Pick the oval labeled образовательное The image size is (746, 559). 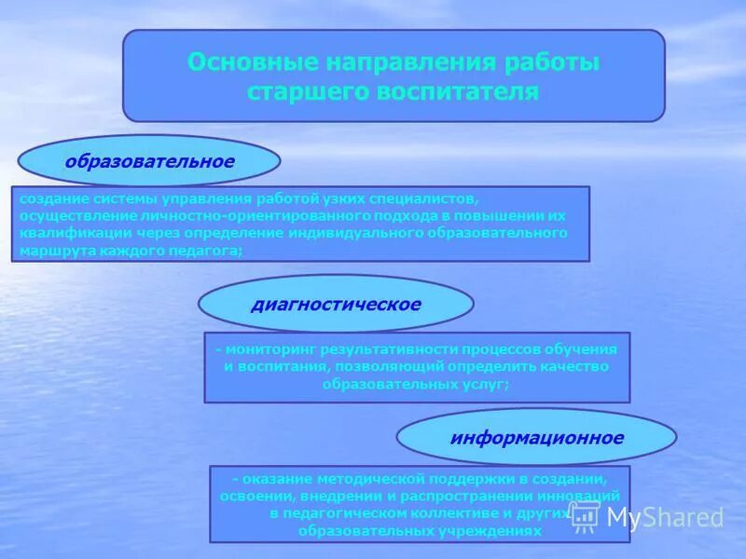click(149, 161)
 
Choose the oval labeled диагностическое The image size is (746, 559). click(336, 304)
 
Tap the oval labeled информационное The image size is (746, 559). click(536, 436)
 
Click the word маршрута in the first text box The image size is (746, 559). click(52, 251)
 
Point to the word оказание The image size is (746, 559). click(274, 479)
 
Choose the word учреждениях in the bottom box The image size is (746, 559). click(489, 530)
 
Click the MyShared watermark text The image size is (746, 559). click(665, 517)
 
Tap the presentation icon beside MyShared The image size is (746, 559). click(586, 516)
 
